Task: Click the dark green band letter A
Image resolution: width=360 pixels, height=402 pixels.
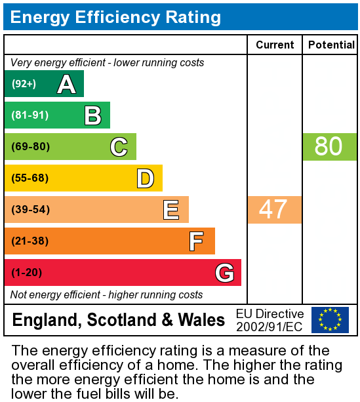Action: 66,84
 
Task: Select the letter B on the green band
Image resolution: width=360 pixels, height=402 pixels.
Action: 92,115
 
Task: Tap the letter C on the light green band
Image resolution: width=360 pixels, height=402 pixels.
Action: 119,147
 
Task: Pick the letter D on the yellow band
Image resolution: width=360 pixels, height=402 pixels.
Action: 145,178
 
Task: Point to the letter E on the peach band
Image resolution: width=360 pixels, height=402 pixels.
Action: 171,210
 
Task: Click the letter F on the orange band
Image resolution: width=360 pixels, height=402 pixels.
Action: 196,241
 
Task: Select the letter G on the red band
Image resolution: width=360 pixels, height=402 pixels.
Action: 224,272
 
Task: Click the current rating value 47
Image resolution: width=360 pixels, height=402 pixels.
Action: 273,209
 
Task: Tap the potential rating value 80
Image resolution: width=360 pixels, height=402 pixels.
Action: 329,146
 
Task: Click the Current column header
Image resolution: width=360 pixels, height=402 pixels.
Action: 275,45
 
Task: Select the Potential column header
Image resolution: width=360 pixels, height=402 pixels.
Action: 331,45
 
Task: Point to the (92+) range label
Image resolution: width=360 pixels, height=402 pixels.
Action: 24,84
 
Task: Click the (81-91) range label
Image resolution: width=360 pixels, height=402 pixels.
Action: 30,115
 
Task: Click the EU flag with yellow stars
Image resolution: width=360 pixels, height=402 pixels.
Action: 330,320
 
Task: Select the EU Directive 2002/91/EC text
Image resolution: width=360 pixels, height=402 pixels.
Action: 270,320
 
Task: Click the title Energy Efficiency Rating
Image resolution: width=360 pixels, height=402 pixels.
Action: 115,17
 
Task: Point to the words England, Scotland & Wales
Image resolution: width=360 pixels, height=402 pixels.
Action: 119,320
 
